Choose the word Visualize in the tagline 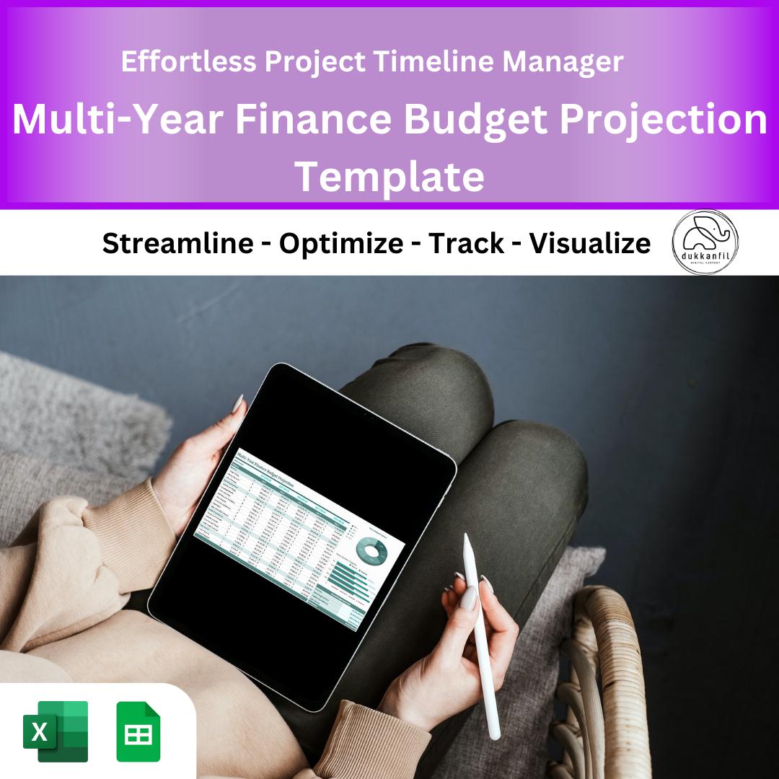589,244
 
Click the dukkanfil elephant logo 705,242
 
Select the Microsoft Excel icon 56,731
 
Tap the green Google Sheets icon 138,731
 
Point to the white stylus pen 481,635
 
